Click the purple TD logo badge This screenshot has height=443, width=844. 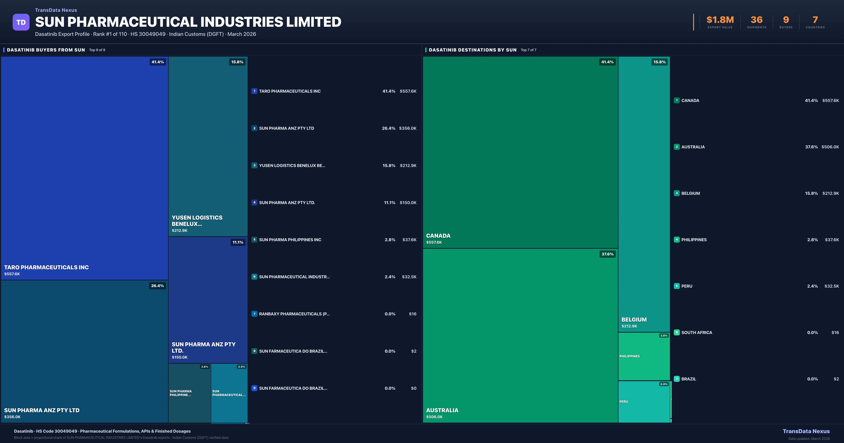[21, 22]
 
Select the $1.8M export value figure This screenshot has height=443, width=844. [720, 20]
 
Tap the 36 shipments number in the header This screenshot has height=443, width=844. [756, 20]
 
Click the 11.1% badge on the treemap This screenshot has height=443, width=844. [238, 242]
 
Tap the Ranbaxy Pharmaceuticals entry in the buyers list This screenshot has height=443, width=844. [294, 314]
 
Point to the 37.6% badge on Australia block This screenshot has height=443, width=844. [608, 254]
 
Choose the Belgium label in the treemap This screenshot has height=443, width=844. [634, 319]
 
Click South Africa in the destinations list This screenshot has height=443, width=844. [696, 333]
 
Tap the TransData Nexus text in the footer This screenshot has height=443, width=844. [806, 431]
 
